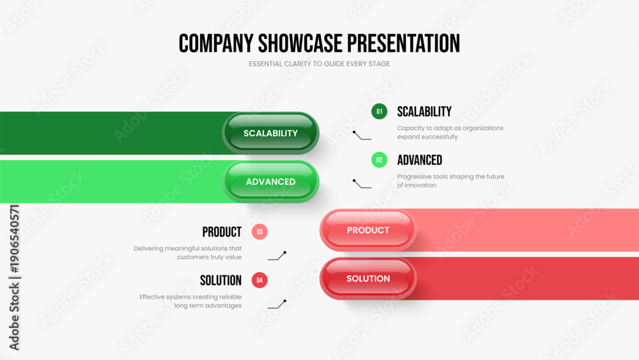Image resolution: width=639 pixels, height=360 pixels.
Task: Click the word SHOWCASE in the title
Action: pyautogui.click(x=300, y=43)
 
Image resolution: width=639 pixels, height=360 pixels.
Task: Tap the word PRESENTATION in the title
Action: pyautogui.click(x=403, y=43)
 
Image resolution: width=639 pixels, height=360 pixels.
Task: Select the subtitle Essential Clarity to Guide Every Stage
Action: pyautogui.click(x=319, y=64)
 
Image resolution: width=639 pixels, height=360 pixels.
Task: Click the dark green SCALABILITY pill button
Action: pyautogui.click(x=270, y=133)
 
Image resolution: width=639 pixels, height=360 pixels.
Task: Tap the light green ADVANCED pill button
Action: pyautogui.click(x=270, y=182)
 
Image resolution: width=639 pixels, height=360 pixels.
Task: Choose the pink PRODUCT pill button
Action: pyautogui.click(x=368, y=230)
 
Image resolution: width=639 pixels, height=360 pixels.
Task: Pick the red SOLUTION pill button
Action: pyautogui.click(x=368, y=278)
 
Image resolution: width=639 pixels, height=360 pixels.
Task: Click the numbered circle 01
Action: pyautogui.click(x=379, y=111)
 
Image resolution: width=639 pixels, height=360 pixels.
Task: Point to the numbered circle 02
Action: pyautogui.click(x=379, y=160)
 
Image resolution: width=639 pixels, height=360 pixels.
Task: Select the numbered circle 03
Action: pyautogui.click(x=259, y=231)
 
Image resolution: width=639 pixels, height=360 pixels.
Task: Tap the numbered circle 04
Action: pyautogui.click(x=259, y=280)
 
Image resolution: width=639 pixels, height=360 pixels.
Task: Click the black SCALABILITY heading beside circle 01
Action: pyautogui.click(x=424, y=112)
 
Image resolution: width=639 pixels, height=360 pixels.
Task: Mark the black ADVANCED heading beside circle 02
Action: pyautogui.click(x=419, y=160)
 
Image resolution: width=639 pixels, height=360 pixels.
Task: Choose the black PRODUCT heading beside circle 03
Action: pyautogui.click(x=222, y=232)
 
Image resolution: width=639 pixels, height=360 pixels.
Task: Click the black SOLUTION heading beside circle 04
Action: pyautogui.click(x=221, y=281)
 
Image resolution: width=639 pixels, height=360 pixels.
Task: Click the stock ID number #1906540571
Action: pyautogui.click(x=14, y=239)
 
